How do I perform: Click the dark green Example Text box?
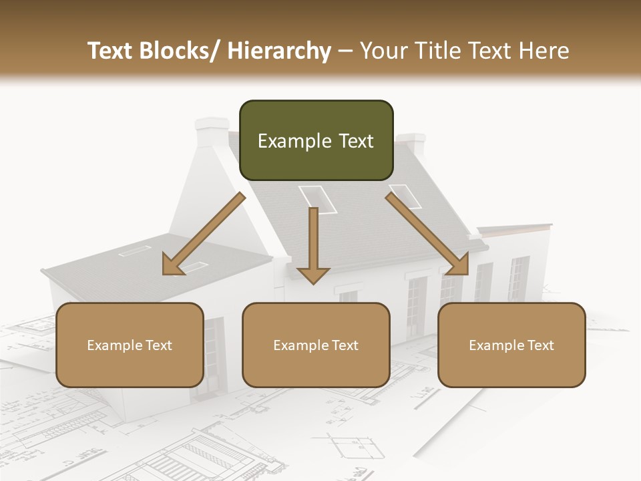pyautogui.click(x=316, y=140)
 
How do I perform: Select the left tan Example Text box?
pyautogui.click(x=130, y=345)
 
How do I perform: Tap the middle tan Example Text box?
pyautogui.click(x=316, y=345)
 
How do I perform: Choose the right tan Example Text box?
pyautogui.click(x=511, y=345)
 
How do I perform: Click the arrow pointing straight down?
pyautogui.click(x=313, y=247)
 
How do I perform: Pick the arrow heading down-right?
pyautogui.click(x=429, y=234)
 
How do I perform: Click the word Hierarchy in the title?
pyautogui.click(x=279, y=51)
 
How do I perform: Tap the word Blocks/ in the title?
pyautogui.click(x=183, y=51)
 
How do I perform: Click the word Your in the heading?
pyautogui.click(x=382, y=51)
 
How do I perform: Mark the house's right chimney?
pyautogui.click(x=411, y=144)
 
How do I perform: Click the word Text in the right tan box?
pyautogui.click(x=540, y=345)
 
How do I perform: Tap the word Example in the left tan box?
pyautogui.click(x=115, y=345)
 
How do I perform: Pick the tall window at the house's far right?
pyautogui.click(x=518, y=278)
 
